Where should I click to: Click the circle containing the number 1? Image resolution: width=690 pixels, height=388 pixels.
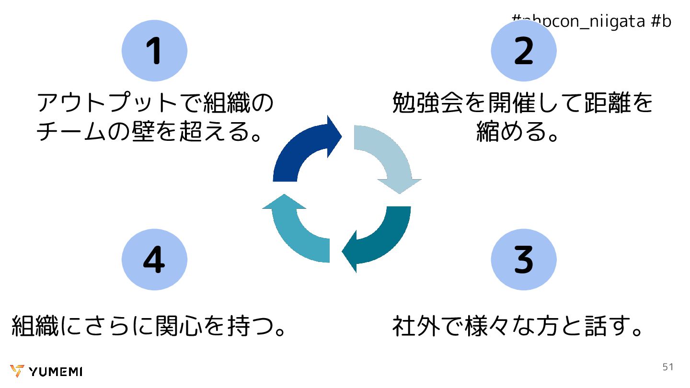pyautogui.click(x=154, y=51)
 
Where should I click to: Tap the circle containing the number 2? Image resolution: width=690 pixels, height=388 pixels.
pyautogui.click(x=523, y=51)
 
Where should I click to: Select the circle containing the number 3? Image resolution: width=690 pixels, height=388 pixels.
pyautogui.click(x=523, y=259)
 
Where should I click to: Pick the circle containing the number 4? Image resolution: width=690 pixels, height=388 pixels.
pyautogui.click(x=154, y=259)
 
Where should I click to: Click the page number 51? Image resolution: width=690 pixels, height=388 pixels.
pyautogui.click(x=667, y=367)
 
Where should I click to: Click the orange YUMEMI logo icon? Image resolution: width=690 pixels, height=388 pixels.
pyautogui.click(x=17, y=371)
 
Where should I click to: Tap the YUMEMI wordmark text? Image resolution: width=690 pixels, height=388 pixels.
pyautogui.click(x=56, y=372)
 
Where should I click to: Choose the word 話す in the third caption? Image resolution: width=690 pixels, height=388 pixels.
pyautogui.click(x=606, y=326)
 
